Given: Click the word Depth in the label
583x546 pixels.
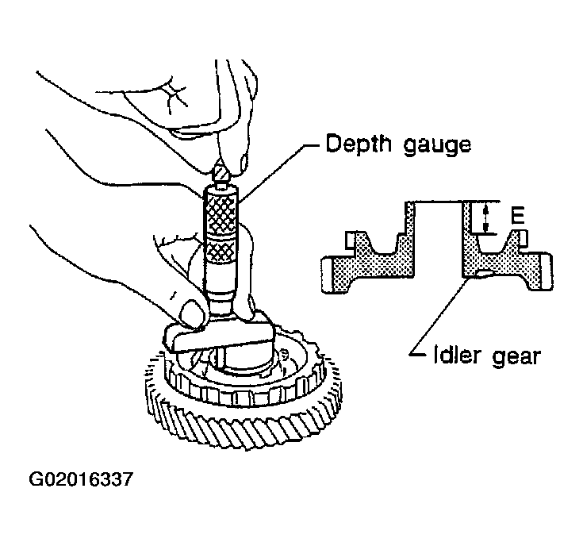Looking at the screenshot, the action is [359, 144].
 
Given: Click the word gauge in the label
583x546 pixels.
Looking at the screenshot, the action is [437, 146].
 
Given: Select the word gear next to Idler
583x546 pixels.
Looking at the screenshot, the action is [516, 357].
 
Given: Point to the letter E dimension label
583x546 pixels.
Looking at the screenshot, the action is [517, 217].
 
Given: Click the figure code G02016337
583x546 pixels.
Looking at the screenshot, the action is [80, 479].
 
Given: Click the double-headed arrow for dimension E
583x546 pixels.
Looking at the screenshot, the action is [485, 219].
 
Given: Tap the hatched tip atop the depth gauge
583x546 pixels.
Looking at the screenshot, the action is [220, 174].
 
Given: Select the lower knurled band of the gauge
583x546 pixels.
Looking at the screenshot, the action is [221, 250].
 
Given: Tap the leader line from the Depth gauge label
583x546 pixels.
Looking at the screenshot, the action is [279, 173].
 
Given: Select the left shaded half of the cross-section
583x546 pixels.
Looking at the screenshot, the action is [368, 253].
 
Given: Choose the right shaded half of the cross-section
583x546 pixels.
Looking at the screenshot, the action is [508, 256].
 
